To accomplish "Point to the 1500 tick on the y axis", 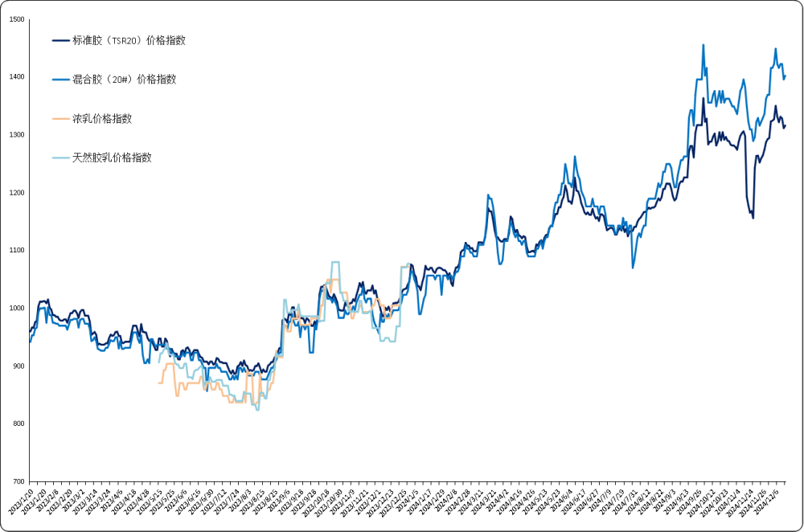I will coord(16,19).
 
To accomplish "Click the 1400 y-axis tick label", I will coord(16,77).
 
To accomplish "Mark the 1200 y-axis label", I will coord(16,193).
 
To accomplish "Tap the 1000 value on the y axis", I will coord(16,309).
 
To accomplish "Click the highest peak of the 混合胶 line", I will coord(703,45).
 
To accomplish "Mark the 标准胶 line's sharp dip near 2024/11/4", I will coord(753,218).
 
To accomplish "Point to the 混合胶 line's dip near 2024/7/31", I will coord(634,267).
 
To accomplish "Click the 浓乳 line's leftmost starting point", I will coord(158,383).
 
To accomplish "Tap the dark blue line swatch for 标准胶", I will coord(60,40).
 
